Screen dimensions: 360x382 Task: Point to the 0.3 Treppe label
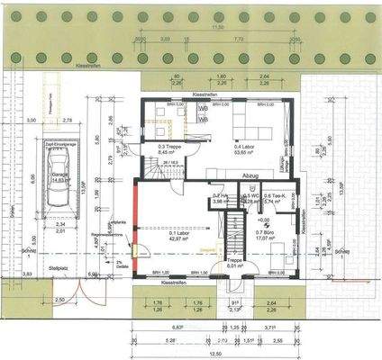168,148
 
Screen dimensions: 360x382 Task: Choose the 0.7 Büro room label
267,235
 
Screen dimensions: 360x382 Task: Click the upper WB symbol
203,107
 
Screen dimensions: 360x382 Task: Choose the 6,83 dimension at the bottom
177,328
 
